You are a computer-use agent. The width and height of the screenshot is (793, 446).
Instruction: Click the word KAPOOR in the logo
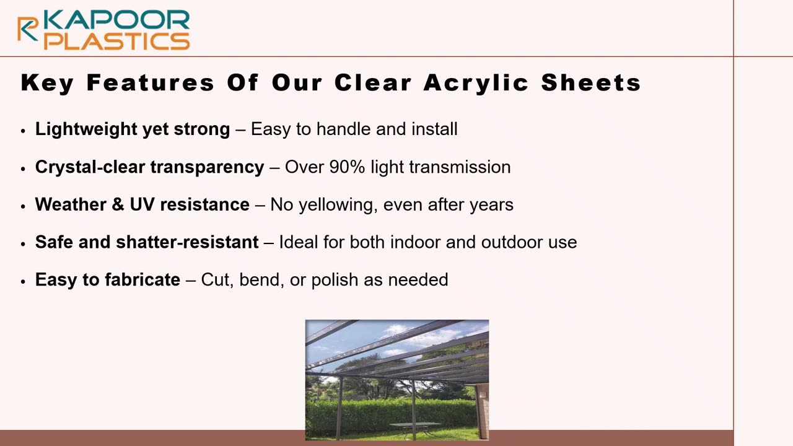(x=117, y=20)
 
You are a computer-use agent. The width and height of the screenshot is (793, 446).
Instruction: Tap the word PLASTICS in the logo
(x=117, y=41)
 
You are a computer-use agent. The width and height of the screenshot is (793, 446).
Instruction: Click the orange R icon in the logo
(x=28, y=28)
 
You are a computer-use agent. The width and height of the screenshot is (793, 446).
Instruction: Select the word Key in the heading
(x=47, y=83)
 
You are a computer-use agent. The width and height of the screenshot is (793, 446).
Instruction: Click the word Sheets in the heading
(x=591, y=83)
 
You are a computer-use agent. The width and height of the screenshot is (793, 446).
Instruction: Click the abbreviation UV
(x=142, y=205)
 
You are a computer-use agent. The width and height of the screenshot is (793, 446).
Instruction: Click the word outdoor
(x=508, y=242)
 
